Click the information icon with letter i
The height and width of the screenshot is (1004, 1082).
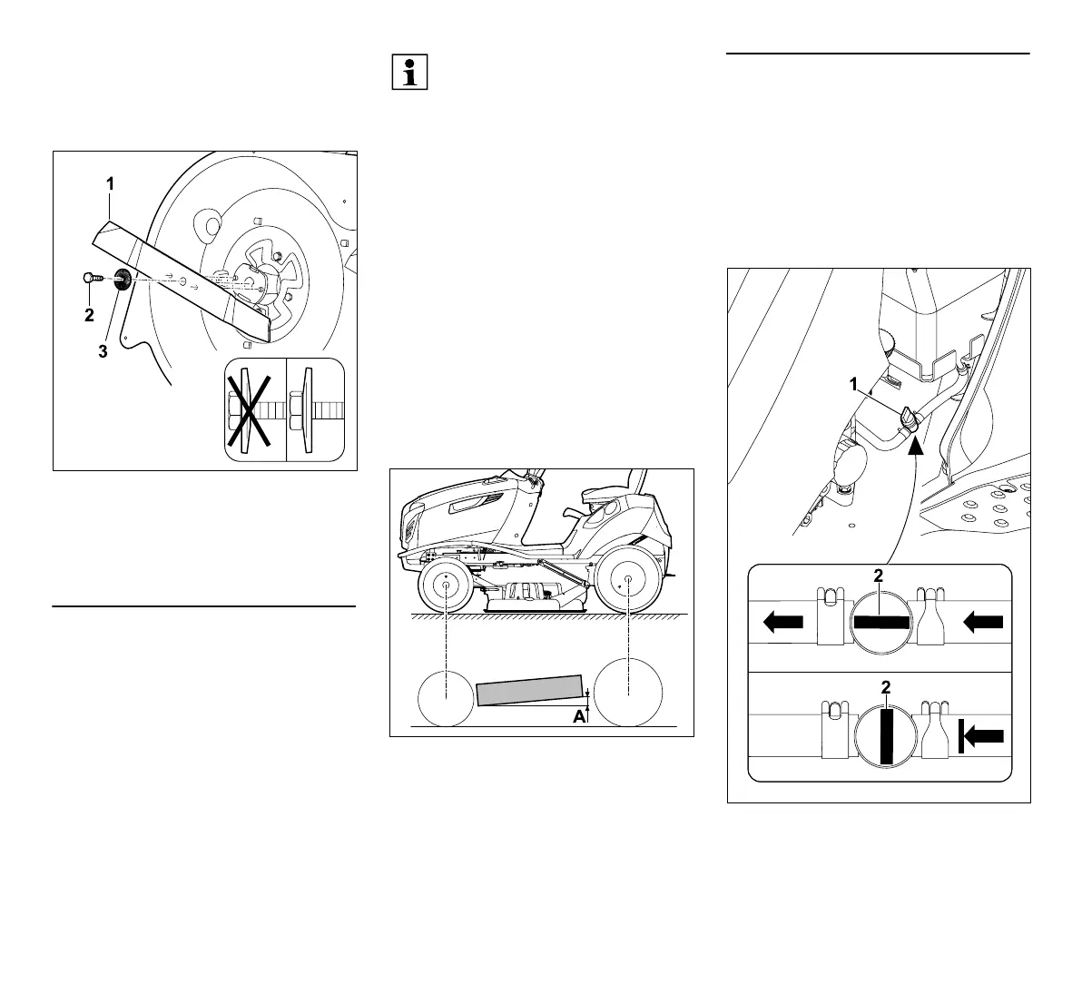click(x=409, y=72)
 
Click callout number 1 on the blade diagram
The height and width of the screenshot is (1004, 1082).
click(x=110, y=183)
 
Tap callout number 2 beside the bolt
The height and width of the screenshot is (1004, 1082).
click(x=89, y=316)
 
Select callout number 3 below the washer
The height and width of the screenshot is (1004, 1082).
click(x=103, y=352)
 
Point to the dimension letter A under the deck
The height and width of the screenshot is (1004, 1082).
click(x=577, y=717)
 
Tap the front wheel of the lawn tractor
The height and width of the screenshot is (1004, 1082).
click(x=448, y=586)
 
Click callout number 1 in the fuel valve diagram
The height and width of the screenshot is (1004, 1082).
click(x=853, y=384)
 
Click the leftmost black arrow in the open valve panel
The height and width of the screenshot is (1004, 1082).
click(x=783, y=623)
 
